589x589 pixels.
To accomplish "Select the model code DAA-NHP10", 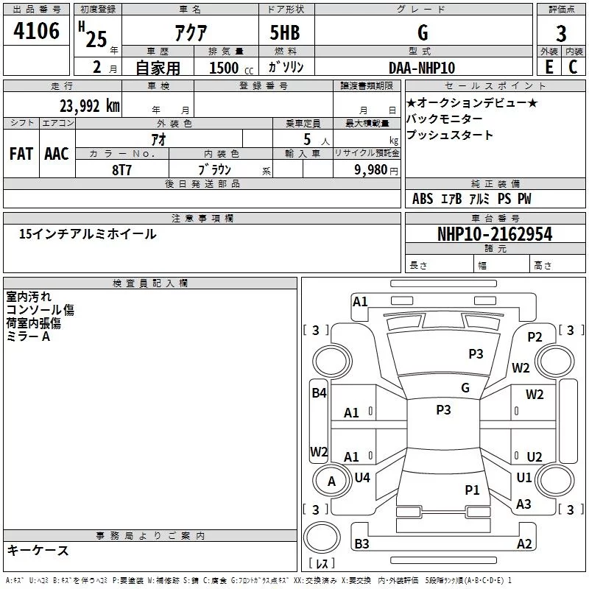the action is tap(422, 68).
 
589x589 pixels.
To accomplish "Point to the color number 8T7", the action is tap(122, 169).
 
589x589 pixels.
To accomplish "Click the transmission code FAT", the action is tap(21, 154).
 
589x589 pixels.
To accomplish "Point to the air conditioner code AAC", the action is tap(57, 154).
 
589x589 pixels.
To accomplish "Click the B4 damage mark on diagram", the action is tap(319, 393).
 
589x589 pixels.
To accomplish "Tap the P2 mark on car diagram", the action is tap(535, 336).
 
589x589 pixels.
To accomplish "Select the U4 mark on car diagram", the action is tap(362, 478).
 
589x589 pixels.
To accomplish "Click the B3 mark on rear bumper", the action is tap(362, 543).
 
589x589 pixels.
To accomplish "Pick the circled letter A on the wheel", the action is tap(331, 481).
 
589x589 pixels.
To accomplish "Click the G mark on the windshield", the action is tap(465, 387).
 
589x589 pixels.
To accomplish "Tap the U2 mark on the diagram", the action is tap(535, 456).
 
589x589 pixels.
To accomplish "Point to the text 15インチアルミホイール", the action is tap(88, 234).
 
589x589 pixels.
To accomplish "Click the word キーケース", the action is tap(38, 550).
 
